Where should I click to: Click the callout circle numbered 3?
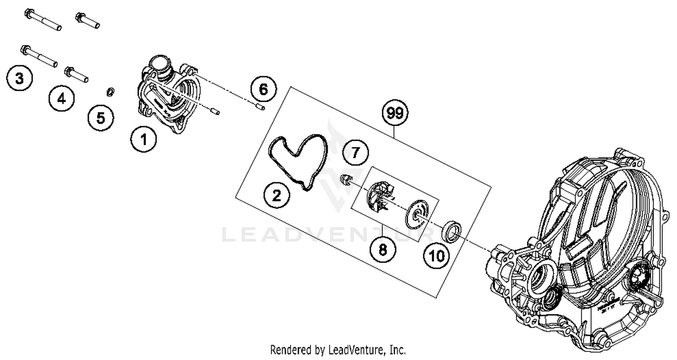(x=19, y=78)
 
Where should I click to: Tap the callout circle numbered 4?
(x=61, y=98)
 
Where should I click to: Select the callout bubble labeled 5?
(x=100, y=118)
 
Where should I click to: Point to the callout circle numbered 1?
(x=144, y=139)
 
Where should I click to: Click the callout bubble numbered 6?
(x=263, y=89)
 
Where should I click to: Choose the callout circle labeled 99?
(x=395, y=113)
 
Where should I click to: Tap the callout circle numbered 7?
(x=356, y=153)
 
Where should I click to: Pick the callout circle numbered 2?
(x=277, y=195)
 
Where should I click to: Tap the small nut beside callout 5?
(x=110, y=92)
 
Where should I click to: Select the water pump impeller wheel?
(x=380, y=196)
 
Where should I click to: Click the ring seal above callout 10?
(x=451, y=231)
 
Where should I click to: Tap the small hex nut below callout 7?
(x=346, y=180)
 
